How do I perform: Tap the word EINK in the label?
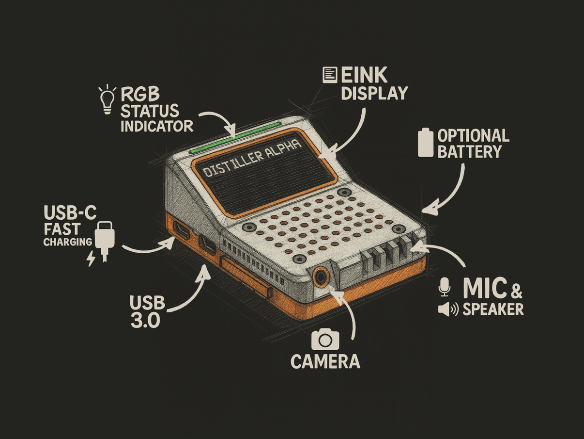pyautogui.click(x=364, y=75)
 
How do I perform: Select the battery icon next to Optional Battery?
pyautogui.click(x=425, y=142)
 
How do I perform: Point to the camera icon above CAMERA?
pyautogui.click(x=325, y=339)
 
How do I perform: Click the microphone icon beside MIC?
pyautogui.click(x=444, y=287)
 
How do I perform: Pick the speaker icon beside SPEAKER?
pyautogui.click(x=447, y=309)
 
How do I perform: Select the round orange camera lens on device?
pyautogui.click(x=321, y=277)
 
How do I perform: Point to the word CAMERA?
pyautogui.click(x=325, y=361)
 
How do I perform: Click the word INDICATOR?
pyautogui.click(x=156, y=126)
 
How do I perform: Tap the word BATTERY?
pyautogui.click(x=469, y=151)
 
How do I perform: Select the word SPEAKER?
pyautogui.click(x=493, y=309)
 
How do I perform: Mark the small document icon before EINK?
pyautogui.click(x=330, y=75)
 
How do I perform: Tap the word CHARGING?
pyautogui.click(x=67, y=242)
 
